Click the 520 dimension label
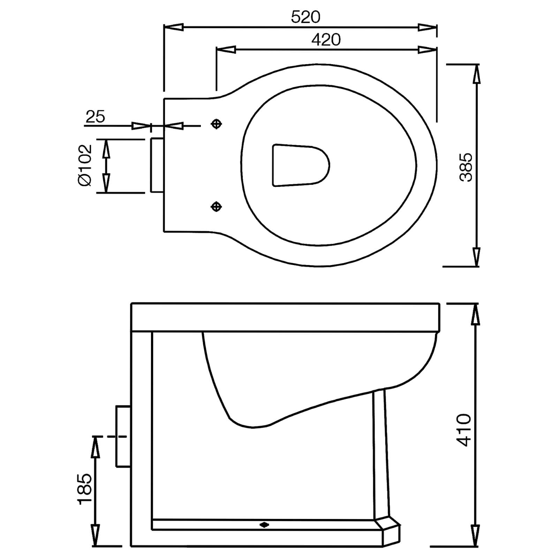306,17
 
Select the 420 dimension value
326,40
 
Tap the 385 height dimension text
466,167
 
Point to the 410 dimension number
464,430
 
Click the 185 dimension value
85,489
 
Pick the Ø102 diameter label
85,165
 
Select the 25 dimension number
95,117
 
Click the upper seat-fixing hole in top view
217,124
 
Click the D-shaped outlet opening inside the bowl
300,165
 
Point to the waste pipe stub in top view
157,165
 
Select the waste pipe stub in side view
123,436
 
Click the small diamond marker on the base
264,534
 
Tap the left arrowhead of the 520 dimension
173,27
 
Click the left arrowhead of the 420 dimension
226,50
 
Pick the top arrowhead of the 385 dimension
476,74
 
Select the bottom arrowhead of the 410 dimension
475,545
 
